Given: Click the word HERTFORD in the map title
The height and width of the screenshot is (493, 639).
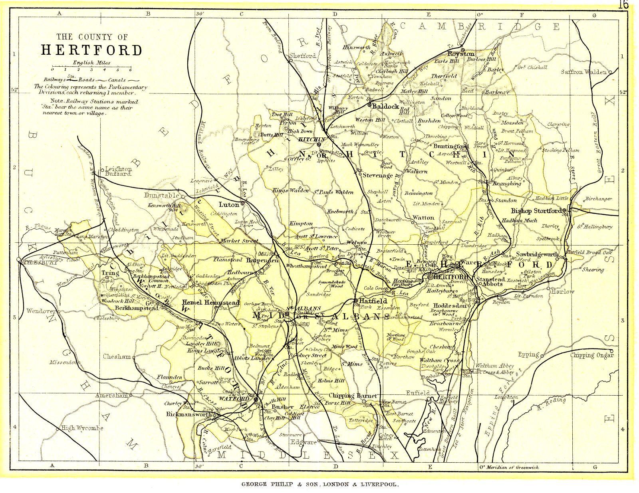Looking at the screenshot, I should click(92, 50).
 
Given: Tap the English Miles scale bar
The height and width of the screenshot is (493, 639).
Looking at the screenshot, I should click(92, 67).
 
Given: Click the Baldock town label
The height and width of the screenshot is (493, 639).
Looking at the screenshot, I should click(385, 106).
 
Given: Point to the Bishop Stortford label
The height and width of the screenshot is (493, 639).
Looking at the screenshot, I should click(536, 211).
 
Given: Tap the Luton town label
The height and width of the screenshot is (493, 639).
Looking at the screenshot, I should click(229, 204).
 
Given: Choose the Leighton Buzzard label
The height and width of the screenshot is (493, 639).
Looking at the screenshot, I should click(118, 171).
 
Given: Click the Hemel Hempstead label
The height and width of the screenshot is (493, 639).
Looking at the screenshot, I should click(210, 303).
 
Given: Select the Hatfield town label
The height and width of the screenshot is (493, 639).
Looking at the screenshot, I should click(373, 301).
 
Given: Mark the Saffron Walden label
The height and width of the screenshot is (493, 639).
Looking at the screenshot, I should click(584, 72).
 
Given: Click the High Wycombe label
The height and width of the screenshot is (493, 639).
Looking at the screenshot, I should click(82, 428).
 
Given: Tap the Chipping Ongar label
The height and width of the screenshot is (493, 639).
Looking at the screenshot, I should click(591, 355).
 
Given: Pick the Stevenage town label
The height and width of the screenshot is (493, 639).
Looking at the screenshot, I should click(377, 175).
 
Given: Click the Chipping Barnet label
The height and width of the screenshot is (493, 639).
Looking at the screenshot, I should click(352, 396).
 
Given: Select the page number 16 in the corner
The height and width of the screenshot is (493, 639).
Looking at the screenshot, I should click(623, 5).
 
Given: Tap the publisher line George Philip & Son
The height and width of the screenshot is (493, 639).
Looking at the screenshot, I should click(319, 484).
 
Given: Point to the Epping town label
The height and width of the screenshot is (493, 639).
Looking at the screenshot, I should click(528, 354).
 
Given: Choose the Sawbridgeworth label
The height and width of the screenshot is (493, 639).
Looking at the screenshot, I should click(537, 254).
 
